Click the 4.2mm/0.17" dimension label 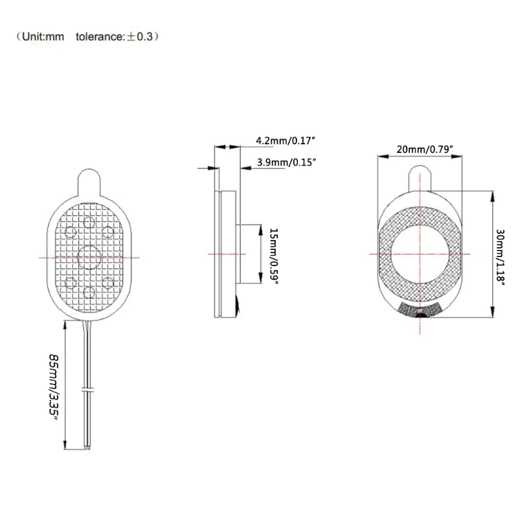[x=286, y=141]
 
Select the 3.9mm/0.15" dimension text [x=286, y=163]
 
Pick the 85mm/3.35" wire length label [x=56, y=387]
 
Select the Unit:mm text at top [x=43, y=38]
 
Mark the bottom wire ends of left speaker [x=88, y=447]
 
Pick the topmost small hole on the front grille [x=89, y=223]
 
